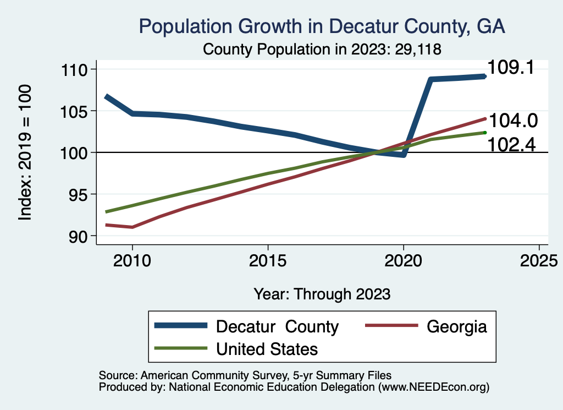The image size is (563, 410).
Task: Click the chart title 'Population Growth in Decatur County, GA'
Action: tap(322, 26)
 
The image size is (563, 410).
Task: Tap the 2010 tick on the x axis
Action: tap(132, 260)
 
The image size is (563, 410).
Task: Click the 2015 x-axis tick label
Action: tap(268, 260)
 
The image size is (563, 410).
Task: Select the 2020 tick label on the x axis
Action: tap(404, 260)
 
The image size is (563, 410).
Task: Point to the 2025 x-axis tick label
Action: tap(539, 260)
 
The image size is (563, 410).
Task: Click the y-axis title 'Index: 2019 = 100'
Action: tap(25, 152)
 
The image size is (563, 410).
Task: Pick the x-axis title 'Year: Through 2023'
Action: tap(322, 294)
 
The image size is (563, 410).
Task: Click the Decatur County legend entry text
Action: tap(277, 326)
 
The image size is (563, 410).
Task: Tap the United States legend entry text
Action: tap(267, 349)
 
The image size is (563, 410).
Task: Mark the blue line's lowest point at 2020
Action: tap(404, 155)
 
